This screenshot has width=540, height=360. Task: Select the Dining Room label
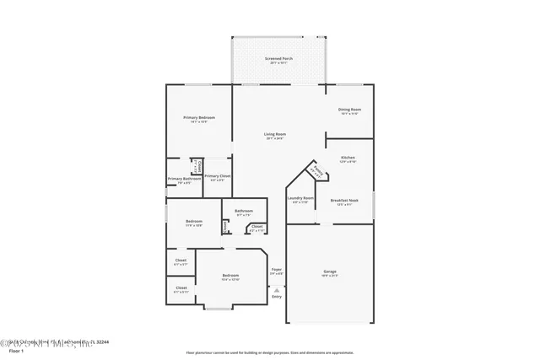tap(349, 110)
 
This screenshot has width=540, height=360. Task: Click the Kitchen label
tap(348, 158)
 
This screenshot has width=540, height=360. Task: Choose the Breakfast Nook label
tap(348, 199)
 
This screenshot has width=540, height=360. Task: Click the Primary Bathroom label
tap(183, 179)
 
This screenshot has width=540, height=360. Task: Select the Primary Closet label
tap(217, 176)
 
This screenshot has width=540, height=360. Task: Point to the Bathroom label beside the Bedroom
tap(244, 211)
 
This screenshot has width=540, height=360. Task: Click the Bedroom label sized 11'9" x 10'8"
tap(195, 222)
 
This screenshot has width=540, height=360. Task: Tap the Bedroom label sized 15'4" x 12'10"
tap(231, 276)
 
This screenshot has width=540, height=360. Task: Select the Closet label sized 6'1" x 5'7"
tap(181, 261)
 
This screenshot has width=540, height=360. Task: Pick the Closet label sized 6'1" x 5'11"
tap(181, 287)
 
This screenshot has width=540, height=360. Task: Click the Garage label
tap(330, 271)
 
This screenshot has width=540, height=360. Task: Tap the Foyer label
tap(276, 270)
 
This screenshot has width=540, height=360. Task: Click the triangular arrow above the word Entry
tap(276, 289)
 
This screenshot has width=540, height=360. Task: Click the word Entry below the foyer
tap(276, 296)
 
